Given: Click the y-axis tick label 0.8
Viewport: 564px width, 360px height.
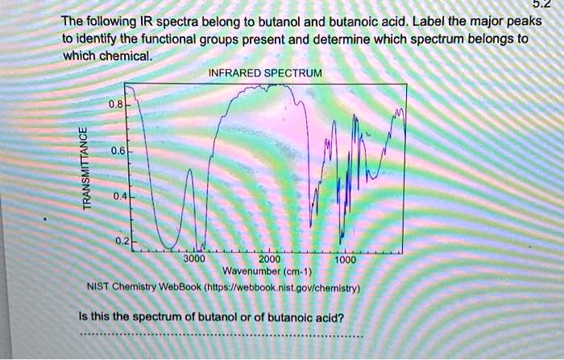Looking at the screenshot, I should [x=118, y=104].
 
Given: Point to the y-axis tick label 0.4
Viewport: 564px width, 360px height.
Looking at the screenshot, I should [x=118, y=196].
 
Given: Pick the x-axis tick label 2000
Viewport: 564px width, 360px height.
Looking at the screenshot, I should [x=270, y=260].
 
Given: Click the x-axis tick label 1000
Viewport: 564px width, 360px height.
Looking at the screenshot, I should [x=346, y=260].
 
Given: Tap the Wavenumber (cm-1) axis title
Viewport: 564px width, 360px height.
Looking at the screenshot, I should [x=269, y=272].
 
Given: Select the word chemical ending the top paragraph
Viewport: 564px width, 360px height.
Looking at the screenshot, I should [x=126, y=56].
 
